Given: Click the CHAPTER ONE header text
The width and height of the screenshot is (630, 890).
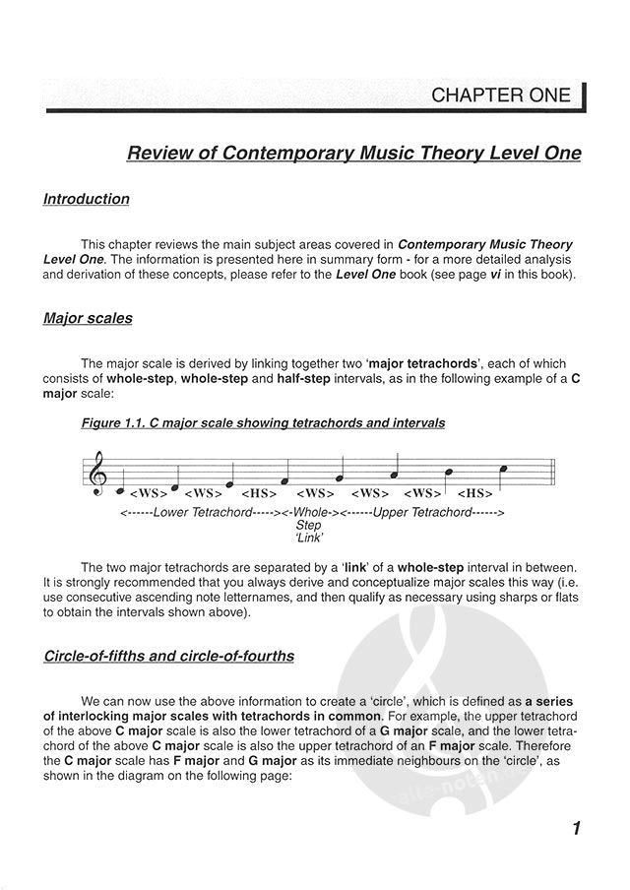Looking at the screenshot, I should coord(501,95).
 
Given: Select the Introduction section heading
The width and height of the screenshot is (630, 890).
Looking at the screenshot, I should coord(87,199).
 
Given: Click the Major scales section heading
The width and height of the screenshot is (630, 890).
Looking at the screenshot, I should coord(88,319).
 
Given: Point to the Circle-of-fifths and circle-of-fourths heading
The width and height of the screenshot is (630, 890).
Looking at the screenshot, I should coord(168,656).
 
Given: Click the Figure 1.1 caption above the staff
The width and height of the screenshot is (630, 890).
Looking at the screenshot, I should coord(263,423).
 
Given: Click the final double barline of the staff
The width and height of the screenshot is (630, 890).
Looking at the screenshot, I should coord(556,474).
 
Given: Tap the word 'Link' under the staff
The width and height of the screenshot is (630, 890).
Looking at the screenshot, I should coord(309,539).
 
